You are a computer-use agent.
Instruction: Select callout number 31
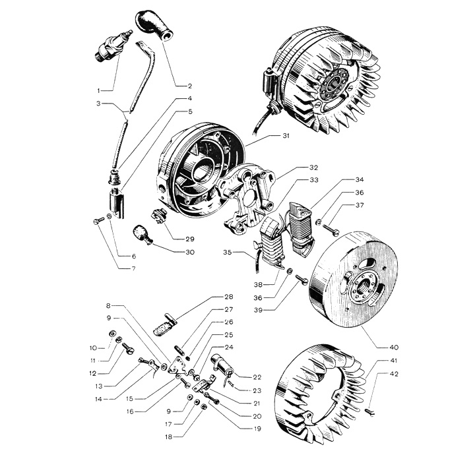click(286, 135)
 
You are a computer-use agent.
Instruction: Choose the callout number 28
click(228, 297)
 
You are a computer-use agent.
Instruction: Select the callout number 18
click(169, 437)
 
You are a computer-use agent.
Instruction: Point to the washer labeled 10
click(112, 333)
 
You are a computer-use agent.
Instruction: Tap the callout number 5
click(190, 111)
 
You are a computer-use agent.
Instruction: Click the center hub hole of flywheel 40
click(363, 285)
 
